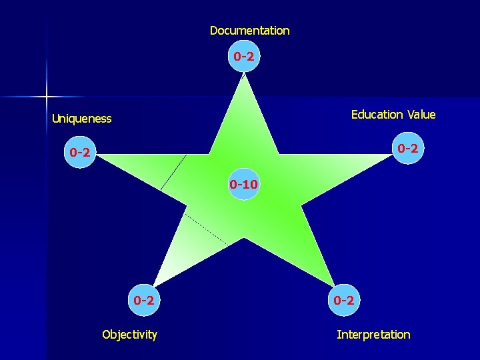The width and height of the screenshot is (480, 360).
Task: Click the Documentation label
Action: [249, 31]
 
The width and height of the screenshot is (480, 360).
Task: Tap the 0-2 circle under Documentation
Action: [243, 57]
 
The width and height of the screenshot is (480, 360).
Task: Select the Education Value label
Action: [393, 115]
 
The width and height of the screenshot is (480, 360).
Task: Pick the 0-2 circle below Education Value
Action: [407, 148]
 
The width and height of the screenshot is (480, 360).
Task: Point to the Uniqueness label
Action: [82, 119]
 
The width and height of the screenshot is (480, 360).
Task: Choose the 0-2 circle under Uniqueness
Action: [79, 153]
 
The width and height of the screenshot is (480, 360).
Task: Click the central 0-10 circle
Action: [243, 183]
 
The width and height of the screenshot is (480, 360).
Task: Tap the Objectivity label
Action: [129, 335]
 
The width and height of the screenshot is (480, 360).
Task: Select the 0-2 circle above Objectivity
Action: [144, 301]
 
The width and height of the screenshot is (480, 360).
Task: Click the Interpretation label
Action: [373, 335]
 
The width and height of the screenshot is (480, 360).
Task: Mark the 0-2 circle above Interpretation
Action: [343, 301]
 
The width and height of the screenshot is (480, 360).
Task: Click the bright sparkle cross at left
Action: [47, 97]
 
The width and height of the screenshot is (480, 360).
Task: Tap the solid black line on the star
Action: [173, 173]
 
